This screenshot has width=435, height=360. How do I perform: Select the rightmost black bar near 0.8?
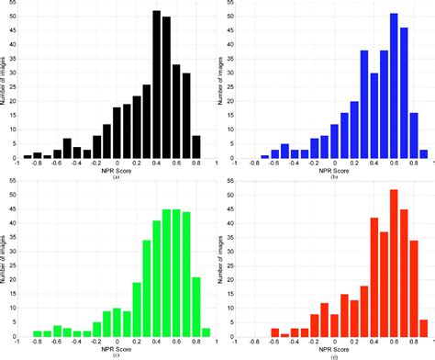[195, 147]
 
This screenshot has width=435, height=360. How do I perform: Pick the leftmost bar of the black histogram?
[27, 156]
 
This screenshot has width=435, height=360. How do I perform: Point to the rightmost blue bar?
[423, 154]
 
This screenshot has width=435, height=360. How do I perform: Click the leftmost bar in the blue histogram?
[264, 157]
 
